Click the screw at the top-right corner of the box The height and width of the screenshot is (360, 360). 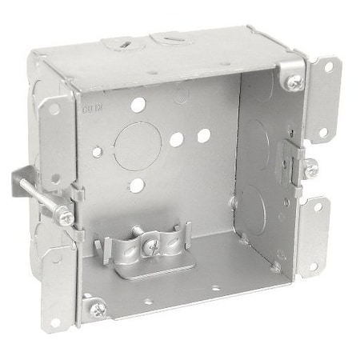pos(295,81)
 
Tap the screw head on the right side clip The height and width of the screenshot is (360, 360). pos(310,169)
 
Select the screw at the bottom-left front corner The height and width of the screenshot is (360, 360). pos(97,309)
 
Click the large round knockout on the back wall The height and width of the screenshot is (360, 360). pos(138,144)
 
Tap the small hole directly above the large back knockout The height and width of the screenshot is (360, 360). pos(138,104)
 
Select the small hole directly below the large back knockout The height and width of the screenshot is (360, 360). pos(137,186)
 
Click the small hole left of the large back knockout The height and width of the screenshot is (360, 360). pos(98,150)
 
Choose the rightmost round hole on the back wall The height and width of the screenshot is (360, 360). pos(203,135)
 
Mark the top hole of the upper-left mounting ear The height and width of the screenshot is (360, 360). pos(54,110)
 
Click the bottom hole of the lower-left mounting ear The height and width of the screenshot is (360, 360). pos(55,322)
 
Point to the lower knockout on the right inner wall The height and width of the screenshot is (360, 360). pos(251,206)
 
